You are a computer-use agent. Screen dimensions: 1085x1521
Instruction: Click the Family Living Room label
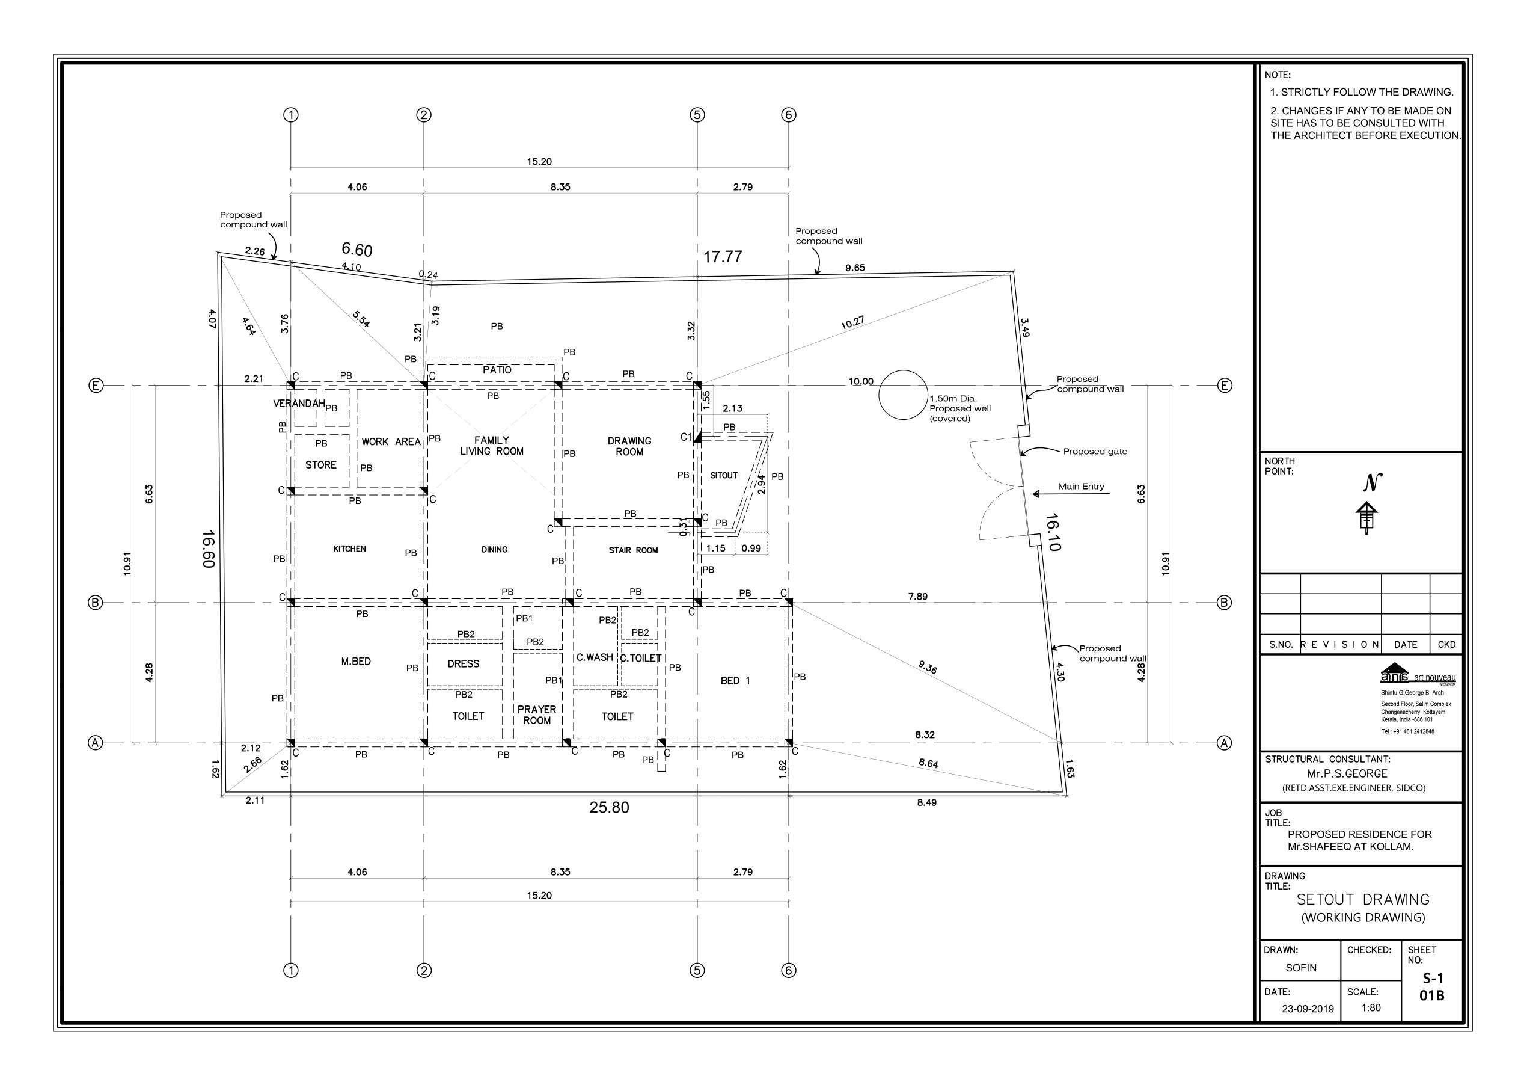491,446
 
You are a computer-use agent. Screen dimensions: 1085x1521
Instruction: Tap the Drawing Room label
629,446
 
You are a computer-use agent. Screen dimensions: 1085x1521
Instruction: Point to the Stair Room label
633,550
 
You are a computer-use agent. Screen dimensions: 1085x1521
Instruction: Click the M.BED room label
355,662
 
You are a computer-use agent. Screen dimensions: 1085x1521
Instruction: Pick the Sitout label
724,475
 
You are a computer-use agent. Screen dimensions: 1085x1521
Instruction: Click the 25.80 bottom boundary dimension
609,807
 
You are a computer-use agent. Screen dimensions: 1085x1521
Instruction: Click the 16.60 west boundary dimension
207,549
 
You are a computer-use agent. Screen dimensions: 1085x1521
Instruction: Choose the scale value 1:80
1371,1007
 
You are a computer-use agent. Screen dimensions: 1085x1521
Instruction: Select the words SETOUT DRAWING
1363,899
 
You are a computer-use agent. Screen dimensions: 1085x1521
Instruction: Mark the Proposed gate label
1095,452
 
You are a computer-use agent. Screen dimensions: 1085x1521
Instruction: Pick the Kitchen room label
349,549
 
